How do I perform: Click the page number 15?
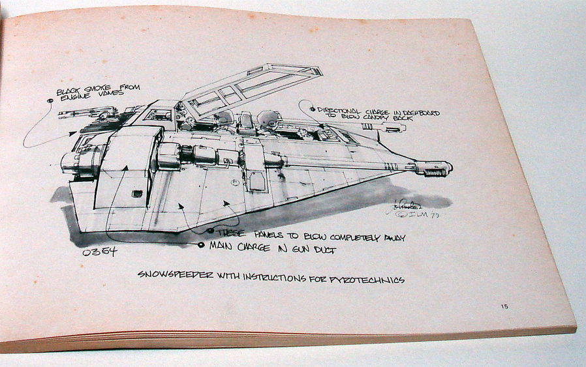(505, 306)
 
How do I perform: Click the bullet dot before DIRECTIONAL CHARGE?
(313, 109)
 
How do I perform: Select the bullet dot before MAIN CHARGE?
(201, 245)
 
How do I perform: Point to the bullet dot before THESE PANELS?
(210, 230)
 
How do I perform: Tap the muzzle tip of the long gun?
(449, 168)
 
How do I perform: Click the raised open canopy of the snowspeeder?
(251, 87)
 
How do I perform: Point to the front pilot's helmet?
(268, 119)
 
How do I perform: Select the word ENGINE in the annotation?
(72, 100)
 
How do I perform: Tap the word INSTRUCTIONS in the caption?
(275, 278)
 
